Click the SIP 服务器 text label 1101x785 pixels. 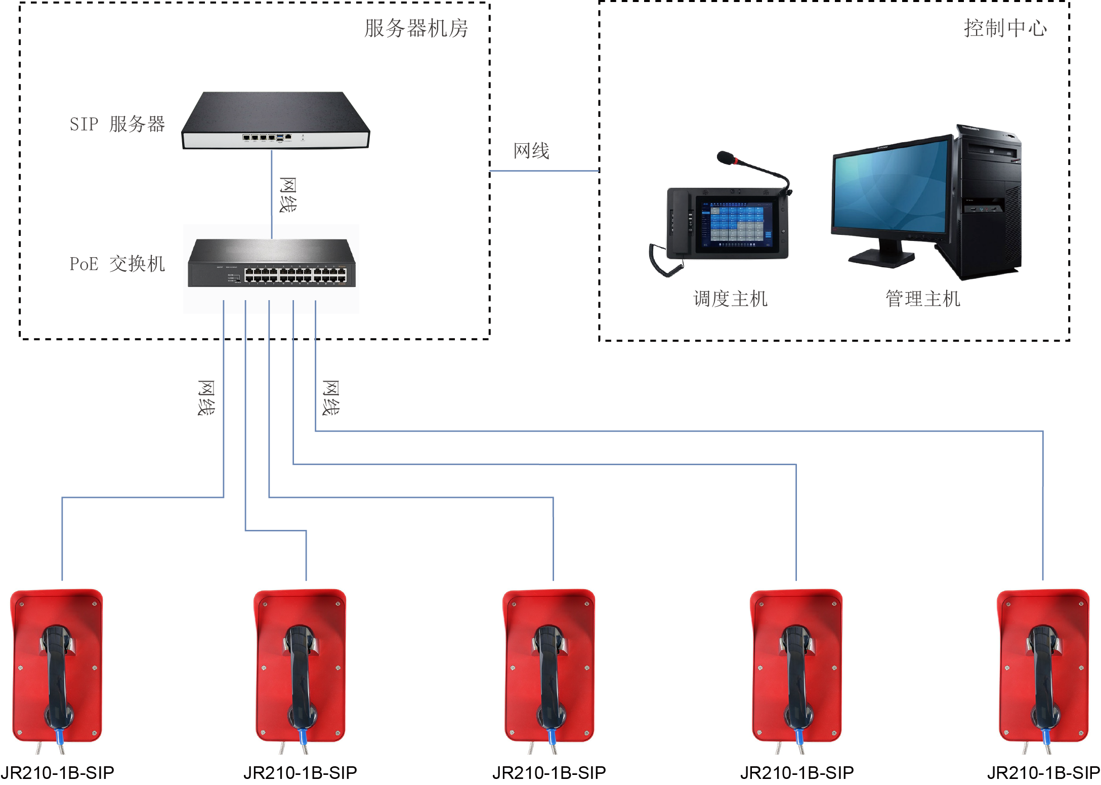click(x=117, y=124)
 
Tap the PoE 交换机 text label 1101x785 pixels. click(x=117, y=264)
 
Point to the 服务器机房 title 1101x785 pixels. click(x=416, y=28)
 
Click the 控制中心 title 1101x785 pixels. click(x=1005, y=28)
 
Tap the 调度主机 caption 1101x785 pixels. click(x=730, y=299)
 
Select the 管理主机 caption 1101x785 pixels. click(x=922, y=299)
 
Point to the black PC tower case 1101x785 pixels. click(x=989, y=202)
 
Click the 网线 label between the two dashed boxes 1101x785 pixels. click(x=531, y=151)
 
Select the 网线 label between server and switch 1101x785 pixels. click(x=288, y=195)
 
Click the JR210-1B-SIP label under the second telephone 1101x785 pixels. click(x=300, y=772)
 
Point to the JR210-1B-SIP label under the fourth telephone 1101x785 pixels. click(x=797, y=772)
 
